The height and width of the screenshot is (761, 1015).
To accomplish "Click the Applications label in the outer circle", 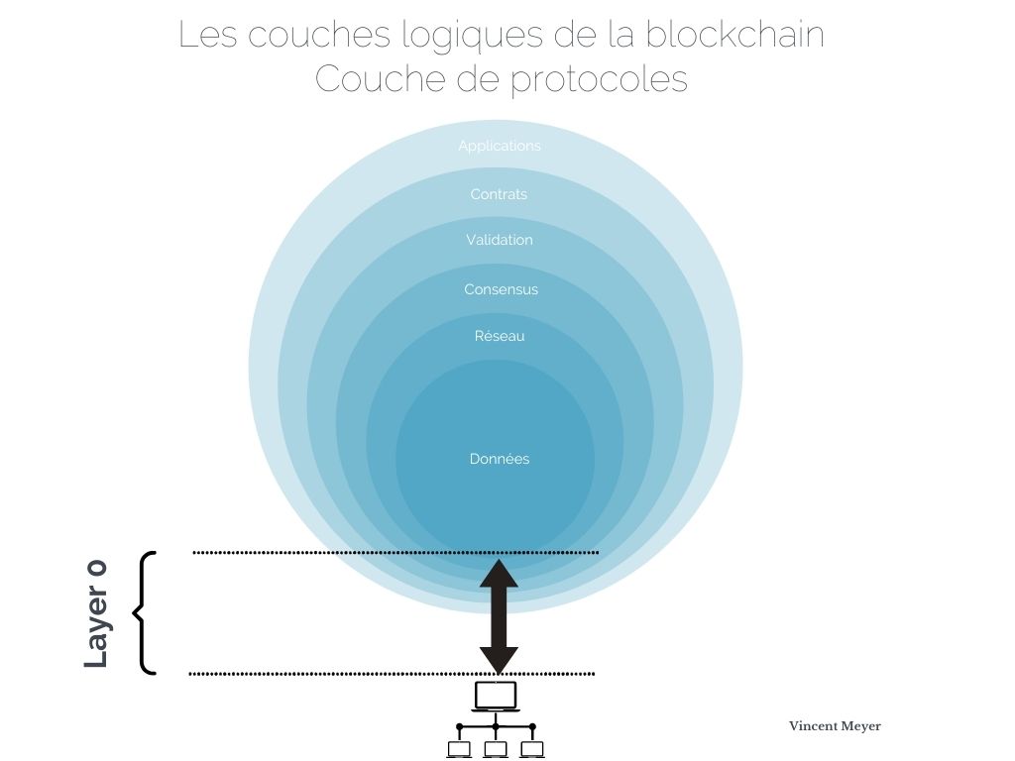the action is tap(500, 147).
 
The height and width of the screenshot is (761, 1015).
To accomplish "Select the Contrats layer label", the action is tap(499, 194).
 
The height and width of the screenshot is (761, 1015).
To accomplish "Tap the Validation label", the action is tap(500, 240).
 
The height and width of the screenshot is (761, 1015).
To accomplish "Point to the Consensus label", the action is tap(501, 289).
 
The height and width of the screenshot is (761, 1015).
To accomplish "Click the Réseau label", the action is tap(500, 336).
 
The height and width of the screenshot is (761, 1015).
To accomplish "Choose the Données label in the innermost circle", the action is tap(500, 459).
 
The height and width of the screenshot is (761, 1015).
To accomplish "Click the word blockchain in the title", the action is tap(734, 35).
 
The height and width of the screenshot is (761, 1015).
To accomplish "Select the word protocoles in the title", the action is tap(599, 80).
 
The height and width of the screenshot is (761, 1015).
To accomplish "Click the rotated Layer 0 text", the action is tap(96, 613).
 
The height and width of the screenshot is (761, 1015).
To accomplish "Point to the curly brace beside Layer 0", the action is tap(144, 612).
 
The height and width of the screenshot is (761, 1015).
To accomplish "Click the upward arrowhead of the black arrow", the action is tap(499, 574).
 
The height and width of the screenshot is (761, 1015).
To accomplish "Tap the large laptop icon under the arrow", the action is tap(496, 697).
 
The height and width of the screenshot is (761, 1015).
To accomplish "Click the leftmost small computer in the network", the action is tap(459, 749).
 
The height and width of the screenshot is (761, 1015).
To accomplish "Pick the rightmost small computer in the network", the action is tap(532, 749).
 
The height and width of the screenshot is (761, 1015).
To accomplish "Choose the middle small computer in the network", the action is tap(496, 749).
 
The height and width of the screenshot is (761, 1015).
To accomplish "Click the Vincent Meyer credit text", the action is tap(835, 726).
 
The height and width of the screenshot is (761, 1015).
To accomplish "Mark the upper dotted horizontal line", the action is tap(395, 553).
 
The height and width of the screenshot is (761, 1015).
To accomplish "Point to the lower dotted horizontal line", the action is tap(392, 674).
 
